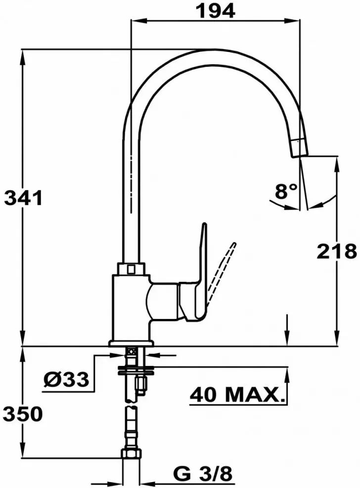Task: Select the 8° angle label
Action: pos(286,191)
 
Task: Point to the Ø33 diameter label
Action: pos(66,380)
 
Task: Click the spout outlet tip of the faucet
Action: pos(298,147)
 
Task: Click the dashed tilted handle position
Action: pos(222,272)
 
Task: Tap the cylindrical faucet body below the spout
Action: pos(130,307)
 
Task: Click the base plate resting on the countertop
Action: pos(131,343)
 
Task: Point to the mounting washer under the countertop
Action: pos(135,368)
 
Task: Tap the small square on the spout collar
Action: pos(132,269)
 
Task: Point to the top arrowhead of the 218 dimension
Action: pos(337,162)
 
